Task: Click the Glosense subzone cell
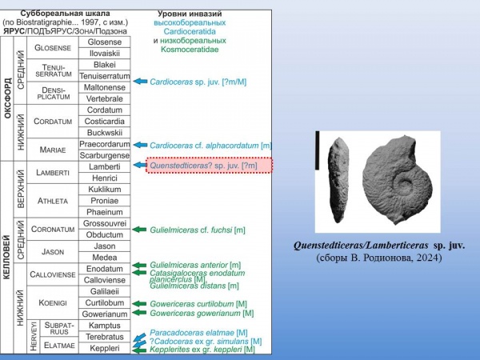click(x=105, y=42)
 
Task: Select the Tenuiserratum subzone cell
click(x=105, y=76)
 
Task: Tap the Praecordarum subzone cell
click(x=105, y=144)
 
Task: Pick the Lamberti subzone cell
click(x=105, y=166)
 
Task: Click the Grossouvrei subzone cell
click(x=105, y=222)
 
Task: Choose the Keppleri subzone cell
click(x=105, y=349)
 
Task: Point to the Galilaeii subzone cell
click(x=105, y=291)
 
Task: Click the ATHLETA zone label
click(x=53, y=200)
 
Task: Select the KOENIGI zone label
click(x=53, y=303)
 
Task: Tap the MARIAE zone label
click(x=53, y=150)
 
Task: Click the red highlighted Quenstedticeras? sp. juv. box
click(x=209, y=166)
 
